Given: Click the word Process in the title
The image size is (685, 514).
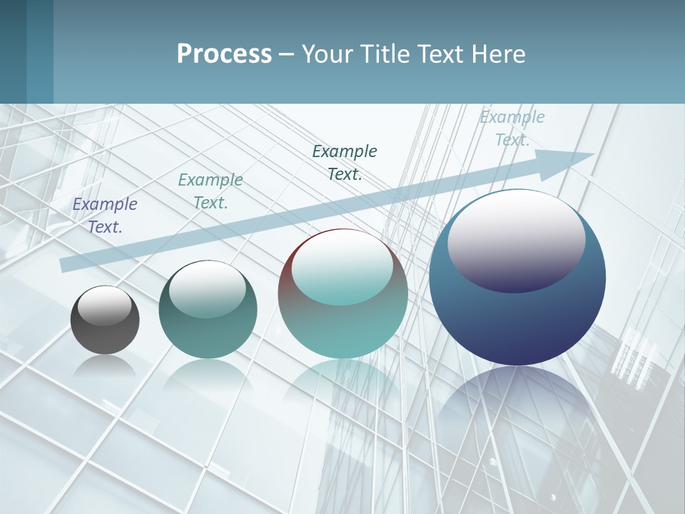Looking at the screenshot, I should (x=224, y=54).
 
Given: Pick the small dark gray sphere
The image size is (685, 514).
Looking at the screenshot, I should (x=105, y=332).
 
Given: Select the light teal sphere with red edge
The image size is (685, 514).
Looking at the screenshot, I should (x=342, y=321).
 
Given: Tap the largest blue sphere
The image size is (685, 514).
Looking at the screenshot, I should (x=517, y=314).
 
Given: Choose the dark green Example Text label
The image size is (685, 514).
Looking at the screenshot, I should (x=345, y=163).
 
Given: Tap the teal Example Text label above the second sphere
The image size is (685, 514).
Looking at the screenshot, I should (x=210, y=191).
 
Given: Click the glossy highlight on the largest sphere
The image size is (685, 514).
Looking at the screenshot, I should (x=516, y=239).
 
